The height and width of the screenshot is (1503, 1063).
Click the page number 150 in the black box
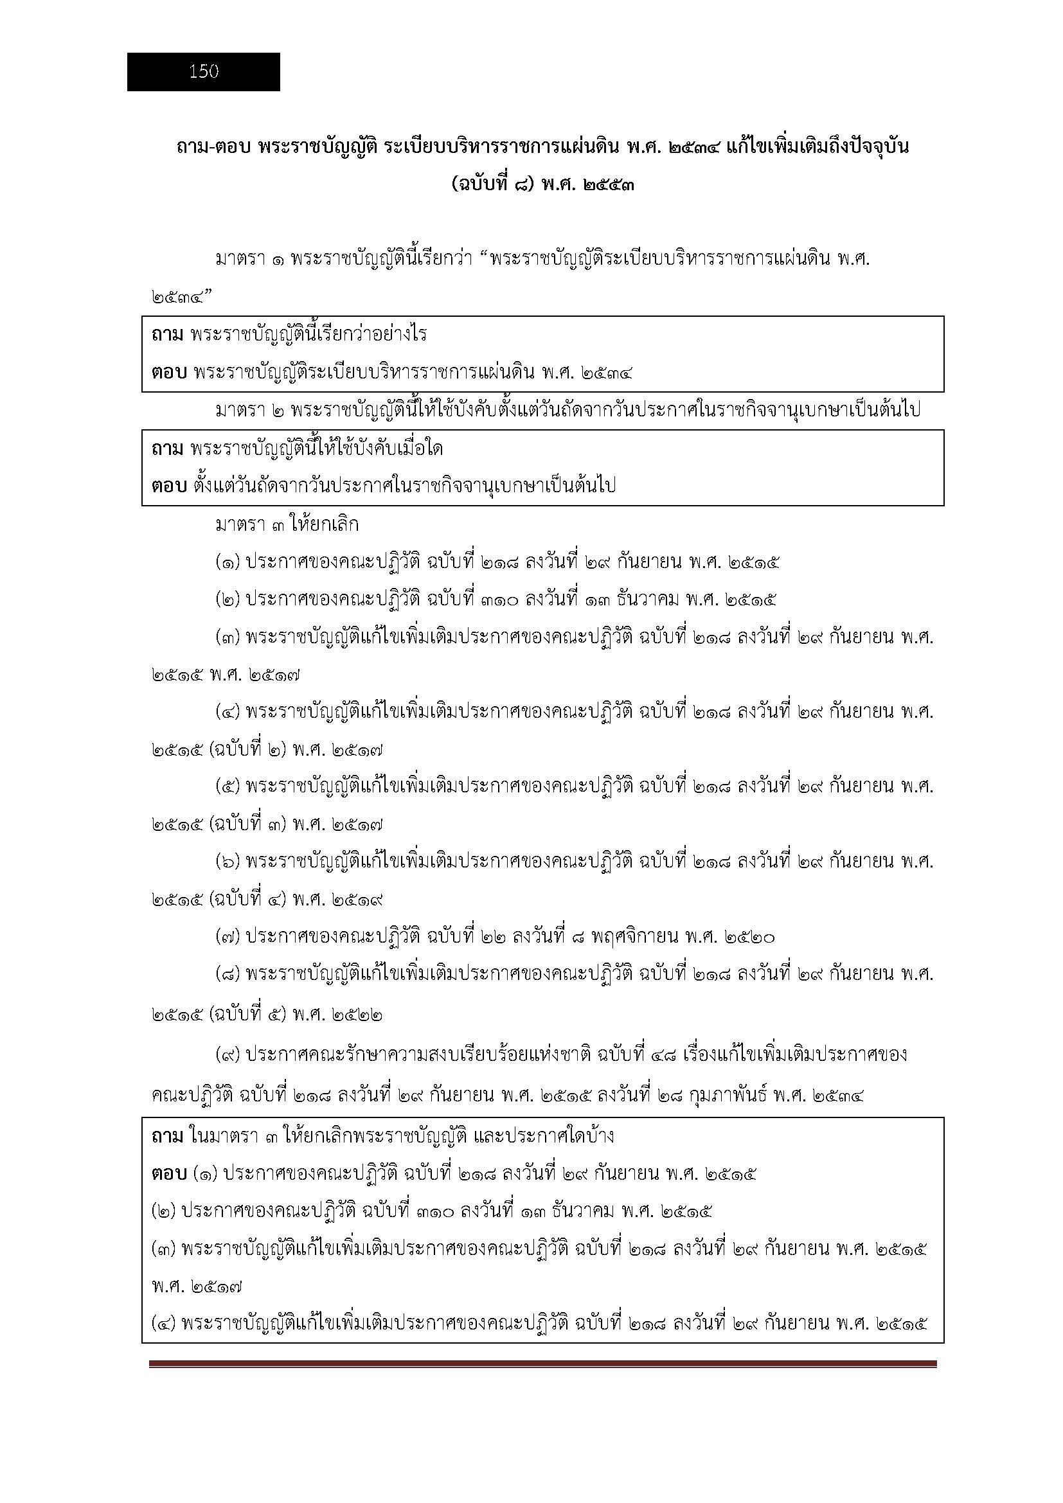point(204,72)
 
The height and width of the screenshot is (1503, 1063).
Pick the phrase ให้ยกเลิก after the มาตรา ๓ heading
point(323,525)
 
